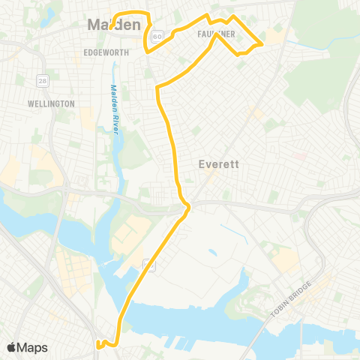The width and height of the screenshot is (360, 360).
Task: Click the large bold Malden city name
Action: point(114,25)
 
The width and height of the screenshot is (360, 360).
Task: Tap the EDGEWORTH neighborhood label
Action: point(106,52)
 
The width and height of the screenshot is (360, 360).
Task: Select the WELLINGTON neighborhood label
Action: point(51,103)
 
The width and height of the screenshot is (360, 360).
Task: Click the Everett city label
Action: point(218,164)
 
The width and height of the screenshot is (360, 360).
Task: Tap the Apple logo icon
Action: point(11,346)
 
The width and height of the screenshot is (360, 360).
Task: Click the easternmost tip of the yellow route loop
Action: point(261,45)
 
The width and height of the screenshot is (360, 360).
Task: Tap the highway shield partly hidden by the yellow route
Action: point(149,264)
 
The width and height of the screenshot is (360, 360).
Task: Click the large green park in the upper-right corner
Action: point(322,45)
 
